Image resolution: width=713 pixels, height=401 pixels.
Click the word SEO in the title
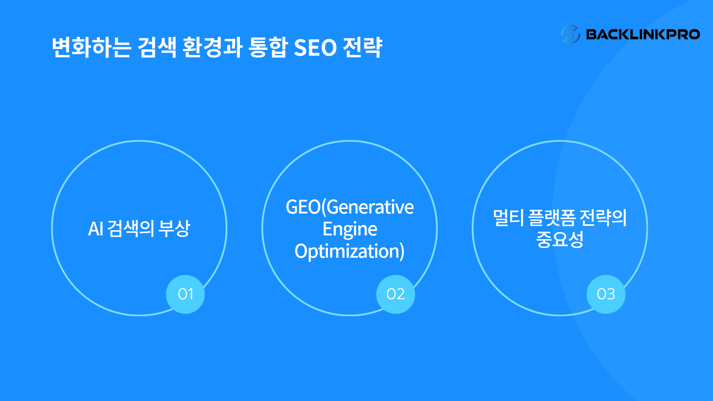coord(315,48)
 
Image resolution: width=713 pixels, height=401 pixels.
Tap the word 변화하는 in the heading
coord(91,48)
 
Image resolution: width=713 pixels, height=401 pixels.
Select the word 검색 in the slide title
coord(157,48)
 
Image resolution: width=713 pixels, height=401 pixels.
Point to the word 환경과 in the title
coord(212,48)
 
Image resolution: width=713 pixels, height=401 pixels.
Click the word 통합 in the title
coord(268,48)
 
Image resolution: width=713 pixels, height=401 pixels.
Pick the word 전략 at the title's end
coord(362,48)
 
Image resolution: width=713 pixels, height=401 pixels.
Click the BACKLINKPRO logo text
coord(643,35)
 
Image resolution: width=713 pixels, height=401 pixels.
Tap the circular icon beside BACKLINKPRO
coord(570,34)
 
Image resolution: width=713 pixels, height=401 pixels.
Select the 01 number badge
coord(185,294)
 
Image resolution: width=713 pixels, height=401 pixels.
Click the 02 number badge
coord(395,294)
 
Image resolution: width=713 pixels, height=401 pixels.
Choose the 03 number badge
coord(606,294)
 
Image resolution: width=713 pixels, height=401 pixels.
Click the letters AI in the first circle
coord(95,229)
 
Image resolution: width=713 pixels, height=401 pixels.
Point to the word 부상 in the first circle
coord(174,228)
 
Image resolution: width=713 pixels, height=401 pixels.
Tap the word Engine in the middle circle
coord(350,229)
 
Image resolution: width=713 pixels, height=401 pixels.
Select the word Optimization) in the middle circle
coord(349,251)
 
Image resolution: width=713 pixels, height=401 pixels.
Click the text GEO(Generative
coord(350,207)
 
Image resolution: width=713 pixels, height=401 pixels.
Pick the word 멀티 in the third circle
coord(508,218)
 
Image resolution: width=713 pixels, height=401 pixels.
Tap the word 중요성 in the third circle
coord(560,239)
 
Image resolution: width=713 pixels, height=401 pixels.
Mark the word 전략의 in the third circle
coord(603,218)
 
